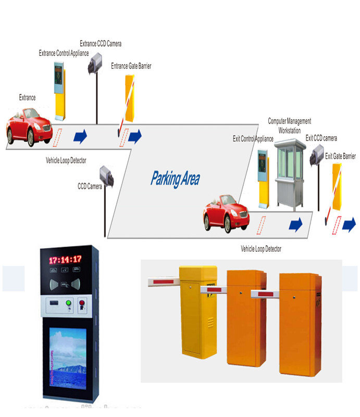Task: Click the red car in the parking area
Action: click(x=225, y=213)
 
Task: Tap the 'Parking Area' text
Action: click(x=175, y=179)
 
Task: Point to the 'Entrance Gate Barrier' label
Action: click(x=131, y=66)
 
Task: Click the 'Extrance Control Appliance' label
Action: click(x=64, y=53)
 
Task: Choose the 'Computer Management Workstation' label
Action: click(x=290, y=126)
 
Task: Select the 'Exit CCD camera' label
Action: click(x=321, y=138)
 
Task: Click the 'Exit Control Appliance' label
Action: click(x=253, y=139)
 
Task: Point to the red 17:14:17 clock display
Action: click(x=65, y=259)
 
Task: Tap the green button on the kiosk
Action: click(x=67, y=303)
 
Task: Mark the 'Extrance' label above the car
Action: click(x=28, y=97)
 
